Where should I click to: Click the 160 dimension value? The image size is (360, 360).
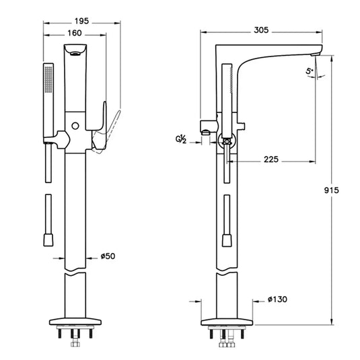click(x=75, y=32)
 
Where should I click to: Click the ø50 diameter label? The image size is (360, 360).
click(x=109, y=256)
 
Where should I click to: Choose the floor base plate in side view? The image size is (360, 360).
click(x=227, y=322)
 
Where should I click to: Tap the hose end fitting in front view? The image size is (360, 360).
click(x=48, y=240)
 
